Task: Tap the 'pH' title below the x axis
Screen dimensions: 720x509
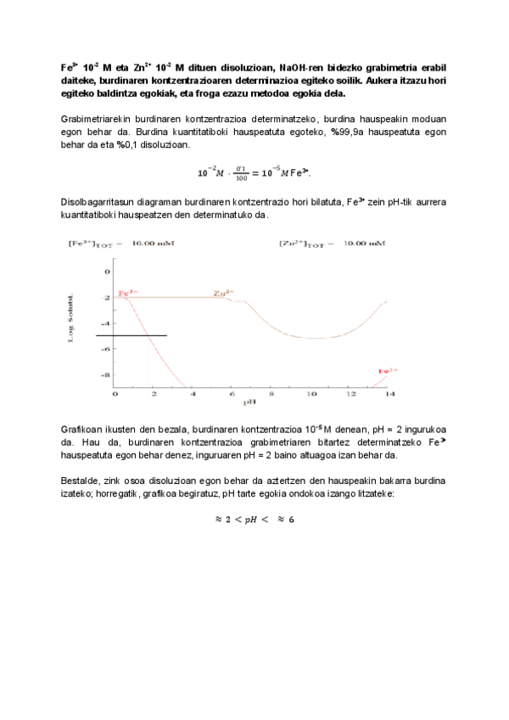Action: click(x=249, y=402)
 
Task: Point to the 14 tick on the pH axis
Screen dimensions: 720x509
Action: click(x=389, y=394)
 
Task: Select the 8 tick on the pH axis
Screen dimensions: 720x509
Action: click(x=271, y=394)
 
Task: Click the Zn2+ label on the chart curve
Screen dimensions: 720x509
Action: click(x=224, y=292)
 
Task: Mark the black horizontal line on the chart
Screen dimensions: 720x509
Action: click(x=131, y=336)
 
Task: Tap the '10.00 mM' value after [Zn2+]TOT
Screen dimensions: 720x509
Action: click(x=364, y=245)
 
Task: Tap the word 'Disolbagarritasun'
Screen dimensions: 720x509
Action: click(x=98, y=203)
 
